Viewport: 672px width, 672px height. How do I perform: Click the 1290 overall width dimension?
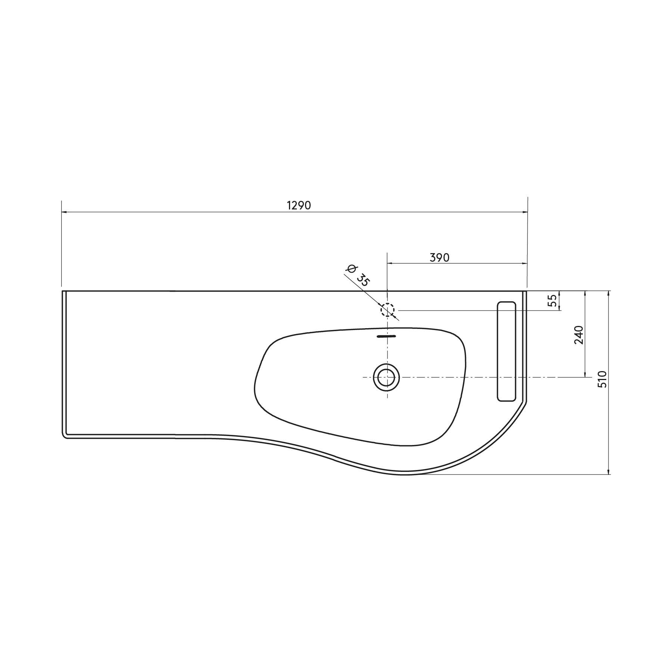(x=299, y=205)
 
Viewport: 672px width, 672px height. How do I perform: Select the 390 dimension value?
(x=439, y=258)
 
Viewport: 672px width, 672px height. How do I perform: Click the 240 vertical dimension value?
(x=579, y=335)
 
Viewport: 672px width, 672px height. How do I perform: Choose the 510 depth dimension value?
(x=603, y=379)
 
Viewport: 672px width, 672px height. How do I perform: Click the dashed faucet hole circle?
(x=388, y=310)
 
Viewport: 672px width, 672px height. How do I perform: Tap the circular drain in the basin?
(x=386, y=377)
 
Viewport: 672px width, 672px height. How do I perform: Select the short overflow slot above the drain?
(x=386, y=336)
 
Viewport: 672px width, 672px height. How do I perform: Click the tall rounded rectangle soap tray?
(x=507, y=352)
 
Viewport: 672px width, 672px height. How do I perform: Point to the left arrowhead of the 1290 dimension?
(x=64, y=212)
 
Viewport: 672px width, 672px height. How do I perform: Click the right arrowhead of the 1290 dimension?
(x=525, y=212)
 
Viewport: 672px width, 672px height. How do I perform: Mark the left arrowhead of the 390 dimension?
(x=389, y=264)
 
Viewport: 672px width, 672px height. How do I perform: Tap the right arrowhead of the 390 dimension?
(x=525, y=264)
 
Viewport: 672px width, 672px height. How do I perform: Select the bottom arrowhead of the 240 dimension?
(x=585, y=375)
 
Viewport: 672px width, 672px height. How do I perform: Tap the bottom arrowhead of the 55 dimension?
(x=560, y=308)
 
